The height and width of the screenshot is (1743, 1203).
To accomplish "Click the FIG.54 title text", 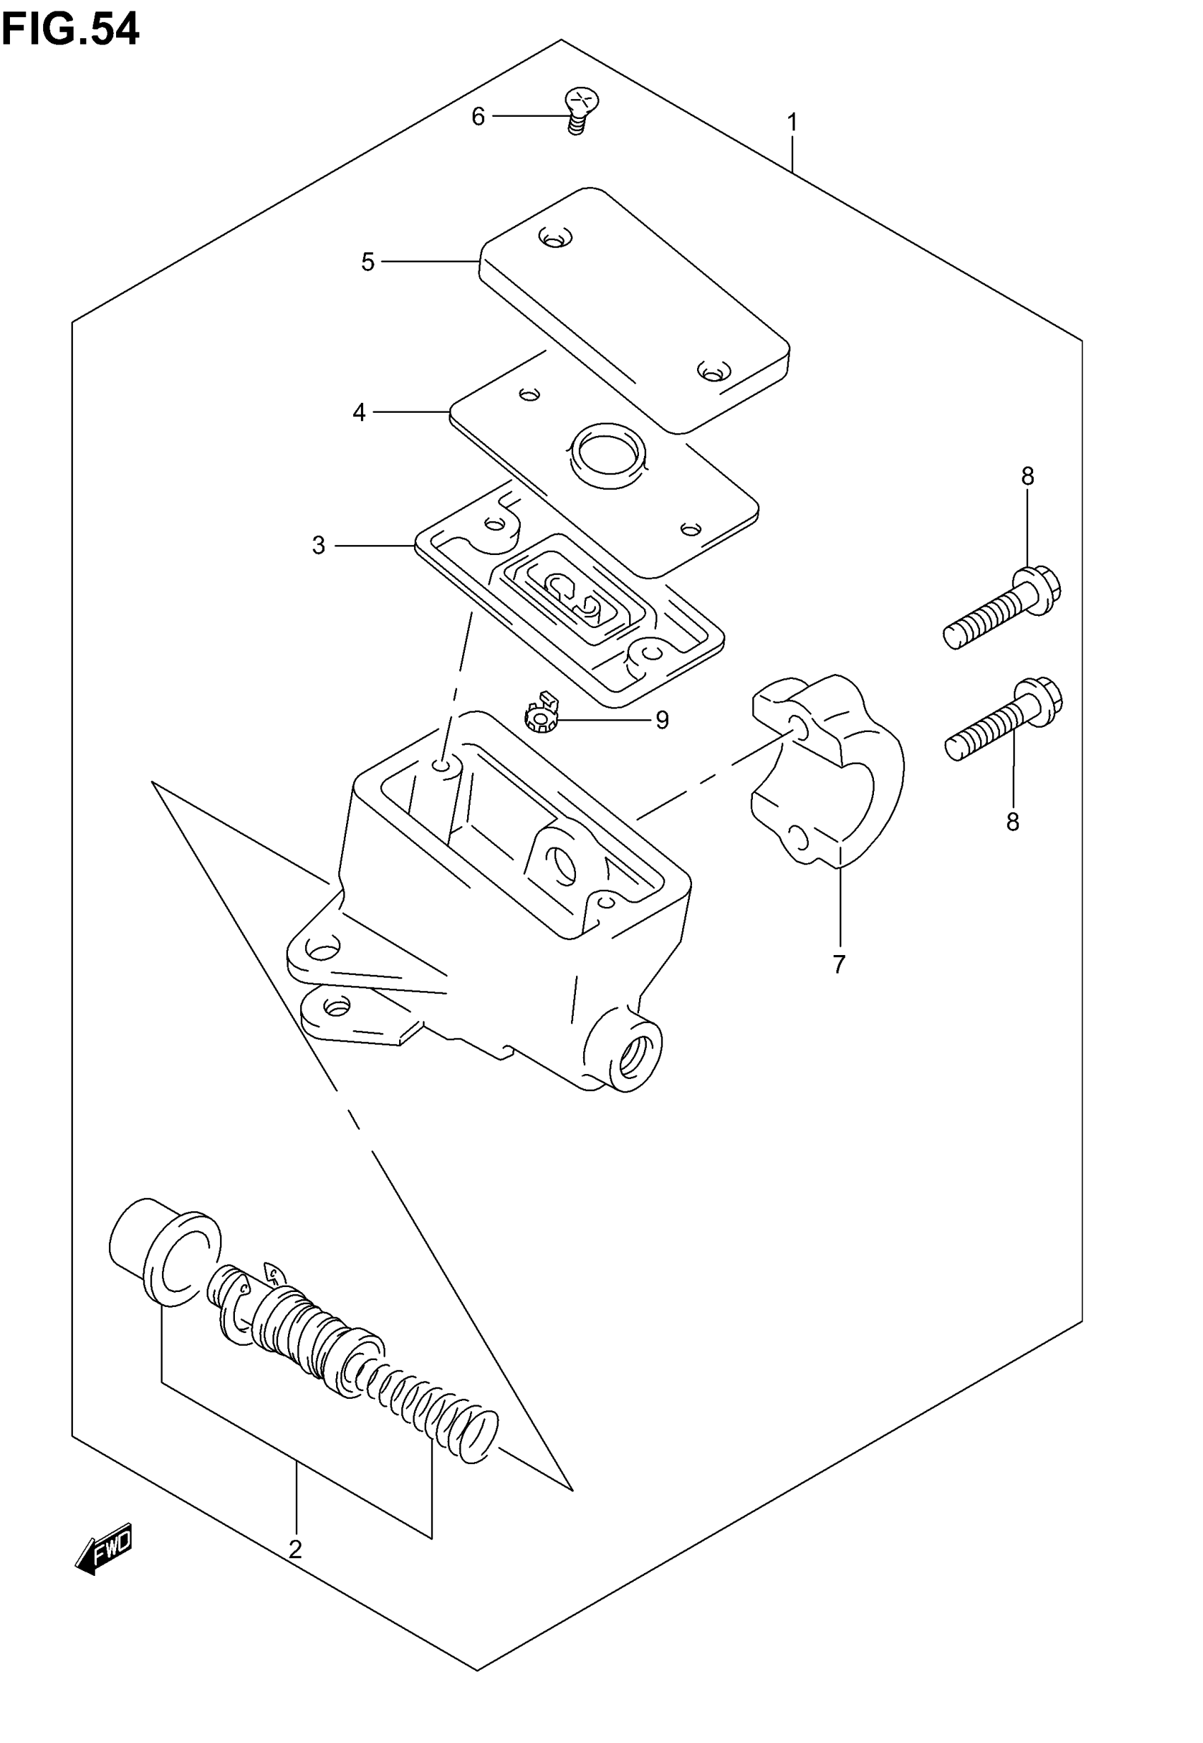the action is pyautogui.click(x=70, y=30).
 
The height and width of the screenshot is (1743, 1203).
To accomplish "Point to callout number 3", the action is pyautogui.click(x=319, y=546).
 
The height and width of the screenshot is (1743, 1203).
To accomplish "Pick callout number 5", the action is pyautogui.click(x=368, y=263).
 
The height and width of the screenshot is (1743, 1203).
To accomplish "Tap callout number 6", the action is pyautogui.click(x=478, y=117).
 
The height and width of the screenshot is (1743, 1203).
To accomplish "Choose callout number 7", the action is pyautogui.click(x=839, y=964).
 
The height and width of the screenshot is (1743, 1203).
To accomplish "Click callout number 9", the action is pyautogui.click(x=662, y=721).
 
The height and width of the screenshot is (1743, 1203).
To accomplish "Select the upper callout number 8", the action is pyautogui.click(x=1028, y=476).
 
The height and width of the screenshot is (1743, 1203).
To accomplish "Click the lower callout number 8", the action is pyautogui.click(x=1013, y=822).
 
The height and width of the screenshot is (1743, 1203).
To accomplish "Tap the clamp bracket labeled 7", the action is pyautogui.click(x=829, y=769).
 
